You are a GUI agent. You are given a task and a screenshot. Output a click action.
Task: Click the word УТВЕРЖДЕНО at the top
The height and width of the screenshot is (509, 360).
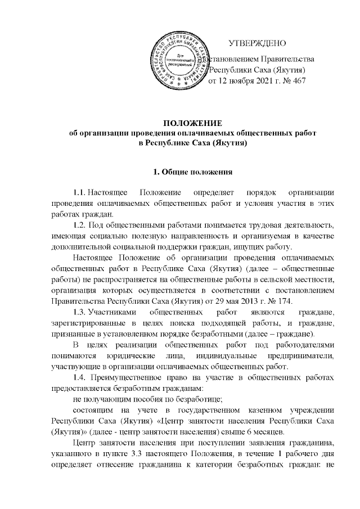[258, 44]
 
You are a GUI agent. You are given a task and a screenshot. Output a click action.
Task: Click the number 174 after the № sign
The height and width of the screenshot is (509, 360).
[285, 300]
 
